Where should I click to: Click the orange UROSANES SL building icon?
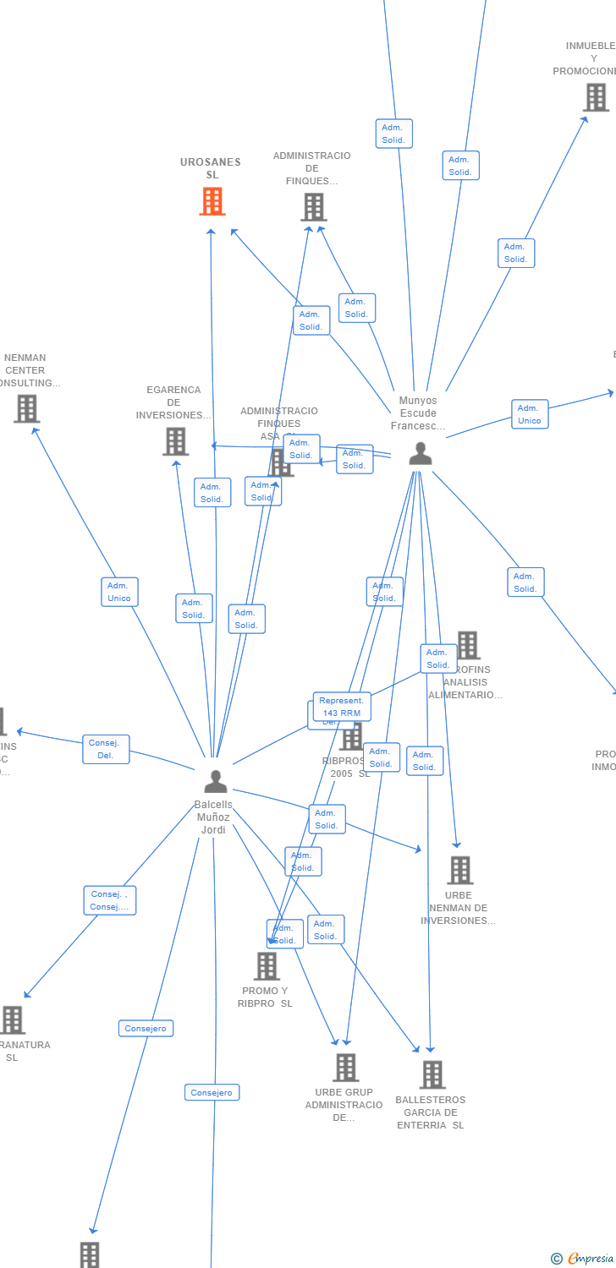pyautogui.click(x=212, y=202)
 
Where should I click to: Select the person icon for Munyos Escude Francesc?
pyautogui.click(x=420, y=454)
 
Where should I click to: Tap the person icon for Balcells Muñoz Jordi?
pyautogui.click(x=216, y=781)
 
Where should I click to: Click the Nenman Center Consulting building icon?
pyautogui.click(x=27, y=409)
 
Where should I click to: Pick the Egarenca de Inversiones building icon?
pyautogui.click(x=175, y=441)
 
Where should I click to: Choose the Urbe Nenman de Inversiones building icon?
pyautogui.click(x=459, y=870)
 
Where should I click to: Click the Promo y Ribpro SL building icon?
pyautogui.click(x=267, y=966)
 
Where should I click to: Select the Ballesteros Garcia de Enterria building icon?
pyautogui.click(x=432, y=1075)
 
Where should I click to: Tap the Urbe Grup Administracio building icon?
pyautogui.click(x=345, y=1068)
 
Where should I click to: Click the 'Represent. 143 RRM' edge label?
pyautogui.click(x=341, y=707)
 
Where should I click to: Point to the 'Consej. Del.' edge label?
pyautogui.click(x=106, y=749)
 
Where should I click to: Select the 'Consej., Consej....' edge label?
pyautogui.click(x=110, y=900)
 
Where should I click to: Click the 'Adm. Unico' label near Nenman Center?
pyautogui.click(x=119, y=592)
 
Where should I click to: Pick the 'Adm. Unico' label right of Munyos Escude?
pyautogui.click(x=530, y=414)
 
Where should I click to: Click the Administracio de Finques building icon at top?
pyautogui.click(x=313, y=207)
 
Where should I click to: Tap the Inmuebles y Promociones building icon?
pyautogui.click(x=596, y=98)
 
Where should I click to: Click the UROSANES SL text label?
pyautogui.click(x=211, y=168)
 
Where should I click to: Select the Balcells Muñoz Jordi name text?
pyautogui.click(x=213, y=817)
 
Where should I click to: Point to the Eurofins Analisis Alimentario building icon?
pyautogui.click(x=467, y=645)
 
